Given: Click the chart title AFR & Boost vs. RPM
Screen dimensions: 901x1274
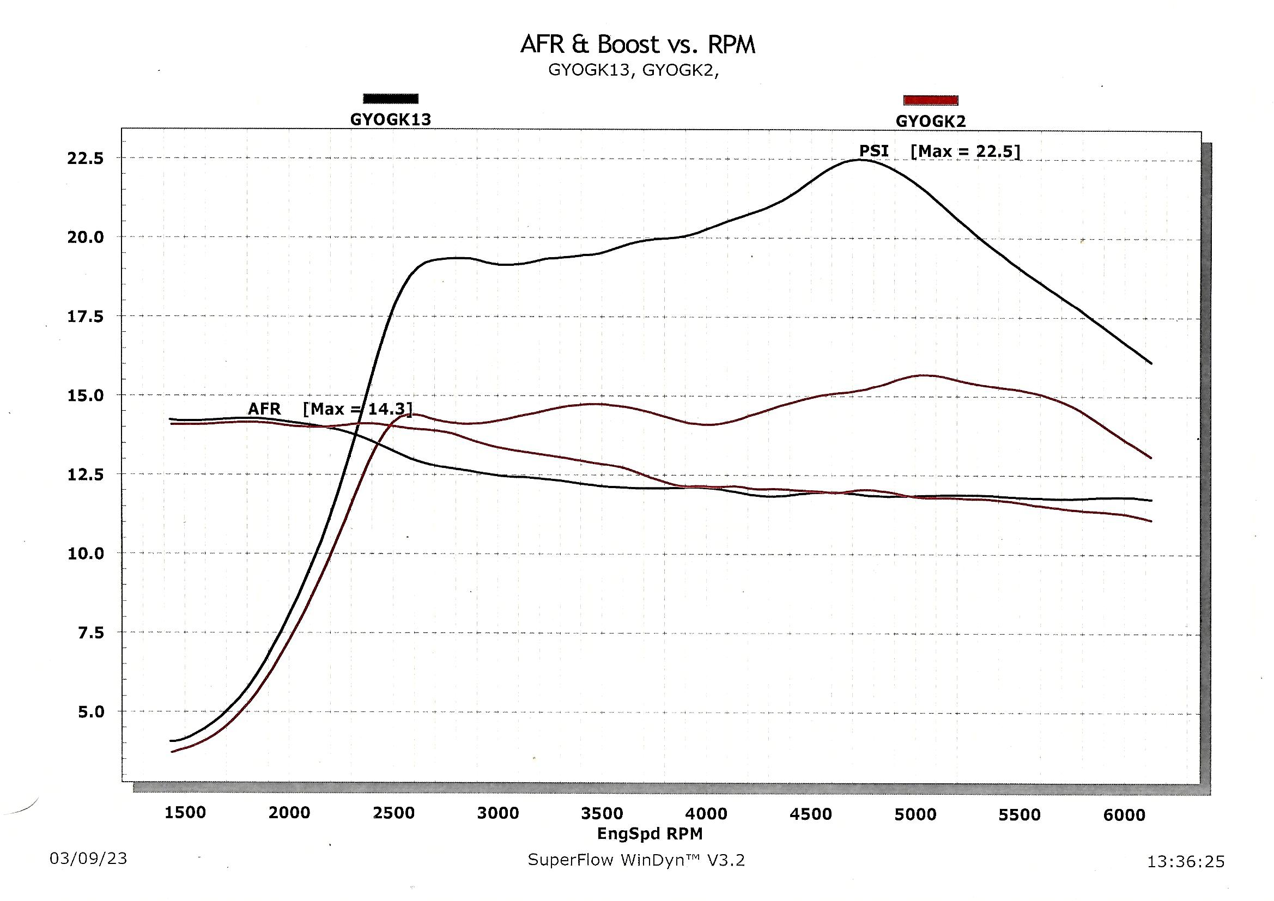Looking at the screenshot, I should click(638, 44).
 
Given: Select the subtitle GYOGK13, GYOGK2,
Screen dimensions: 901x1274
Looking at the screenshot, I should click(633, 71).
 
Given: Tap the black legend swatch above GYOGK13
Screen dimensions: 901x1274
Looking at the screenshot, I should click(391, 99).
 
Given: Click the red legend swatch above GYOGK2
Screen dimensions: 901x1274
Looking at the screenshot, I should click(931, 100).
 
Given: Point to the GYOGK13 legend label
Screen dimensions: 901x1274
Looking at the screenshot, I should click(391, 120).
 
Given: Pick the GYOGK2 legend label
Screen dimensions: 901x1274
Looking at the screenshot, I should click(931, 121).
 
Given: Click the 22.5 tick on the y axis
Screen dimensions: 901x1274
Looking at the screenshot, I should click(86, 159).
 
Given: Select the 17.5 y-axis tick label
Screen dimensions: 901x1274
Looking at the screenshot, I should click(86, 317).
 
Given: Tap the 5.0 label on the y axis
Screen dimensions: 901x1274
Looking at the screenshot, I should click(91, 712).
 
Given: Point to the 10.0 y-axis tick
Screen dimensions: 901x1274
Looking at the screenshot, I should click(86, 553).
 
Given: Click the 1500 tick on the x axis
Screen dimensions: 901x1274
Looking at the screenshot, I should click(185, 813).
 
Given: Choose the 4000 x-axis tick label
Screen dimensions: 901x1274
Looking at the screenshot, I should click(706, 814).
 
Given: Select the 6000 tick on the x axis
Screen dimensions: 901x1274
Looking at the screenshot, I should click(1124, 815).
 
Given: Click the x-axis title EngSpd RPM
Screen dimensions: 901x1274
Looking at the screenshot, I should click(650, 833).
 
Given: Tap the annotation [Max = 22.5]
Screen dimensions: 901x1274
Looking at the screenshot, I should click(966, 151).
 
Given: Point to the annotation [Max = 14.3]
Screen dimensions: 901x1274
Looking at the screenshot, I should click(358, 410).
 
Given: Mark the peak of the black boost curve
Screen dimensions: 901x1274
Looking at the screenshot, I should click(859, 160).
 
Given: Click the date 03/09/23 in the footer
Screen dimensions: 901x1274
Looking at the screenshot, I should click(88, 859).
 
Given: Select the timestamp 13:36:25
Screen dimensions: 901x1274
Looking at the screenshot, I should click(1185, 862).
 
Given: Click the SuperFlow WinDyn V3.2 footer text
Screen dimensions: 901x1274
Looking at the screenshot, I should click(636, 860).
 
